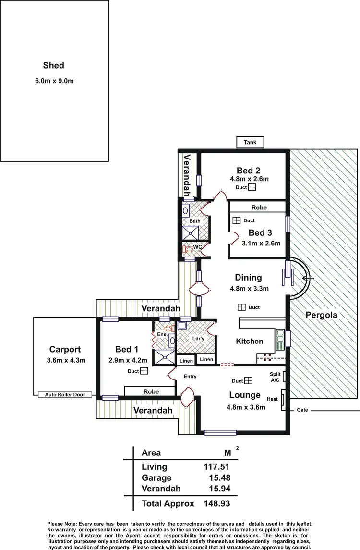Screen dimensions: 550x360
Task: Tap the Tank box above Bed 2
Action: pyautogui.click(x=250, y=143)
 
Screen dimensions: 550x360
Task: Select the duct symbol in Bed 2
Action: pyautogui.click(x=252, y=188)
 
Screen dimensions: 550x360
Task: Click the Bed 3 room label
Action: pyautogui.click(x=260, y=232)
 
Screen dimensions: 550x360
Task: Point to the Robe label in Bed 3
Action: pyautogui.click(x=259, y=208)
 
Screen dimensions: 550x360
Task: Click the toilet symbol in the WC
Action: pyautogui.click(x=189, y=249)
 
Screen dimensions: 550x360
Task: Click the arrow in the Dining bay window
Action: pyautogui.click(x=308, y=278)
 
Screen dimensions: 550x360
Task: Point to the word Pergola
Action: pyautogui.click(x=321, y=316)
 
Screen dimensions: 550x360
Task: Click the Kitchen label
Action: pyautogui.click(x=250, y=341)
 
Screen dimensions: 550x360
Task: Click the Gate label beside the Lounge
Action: pyautogui.click(x=302, y=410)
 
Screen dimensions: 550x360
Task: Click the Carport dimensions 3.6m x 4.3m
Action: pyautogui.click(x=65, y=361)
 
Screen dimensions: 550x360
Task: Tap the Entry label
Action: pyautogui.click(x=190, y=376)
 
